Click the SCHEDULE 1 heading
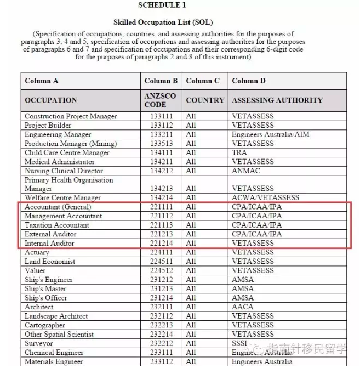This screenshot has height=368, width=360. point(162,5)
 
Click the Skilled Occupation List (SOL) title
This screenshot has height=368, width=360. point(162,22)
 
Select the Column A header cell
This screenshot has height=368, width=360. point(42,81)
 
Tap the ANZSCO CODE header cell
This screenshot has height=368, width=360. point(161,100)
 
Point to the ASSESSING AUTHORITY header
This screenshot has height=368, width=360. point(277,100)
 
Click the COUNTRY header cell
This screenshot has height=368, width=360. point(205,100)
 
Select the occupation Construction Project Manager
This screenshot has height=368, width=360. point(71,116)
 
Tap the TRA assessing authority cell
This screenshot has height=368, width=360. point(239,152)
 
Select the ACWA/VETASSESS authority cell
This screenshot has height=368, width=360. point(266,198)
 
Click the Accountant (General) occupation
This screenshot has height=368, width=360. point(58,207)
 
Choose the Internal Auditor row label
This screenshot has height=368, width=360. point(49,244)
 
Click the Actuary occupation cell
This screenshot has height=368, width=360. point(37,253)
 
